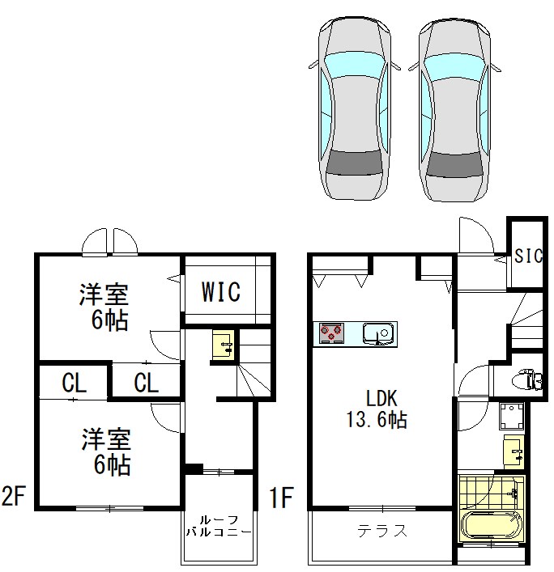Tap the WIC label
(220, 292)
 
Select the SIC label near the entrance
(528, 256)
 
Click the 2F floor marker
(16, 496)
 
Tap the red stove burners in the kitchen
(332, 332)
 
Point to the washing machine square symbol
(512, 416)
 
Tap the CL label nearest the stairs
(146, 383)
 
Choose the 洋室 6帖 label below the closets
(105, 453)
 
